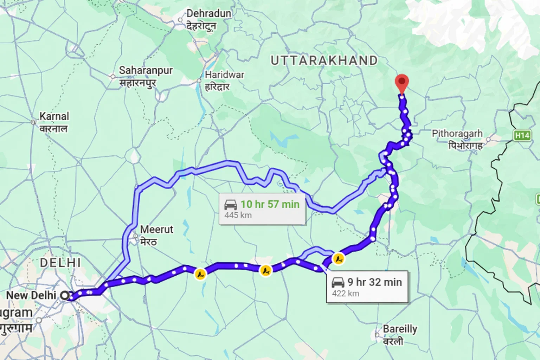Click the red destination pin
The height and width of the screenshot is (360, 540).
pyautogui.click(x=401, y=83)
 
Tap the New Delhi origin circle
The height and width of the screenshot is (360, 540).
pyautogui.click(x=65, y=295)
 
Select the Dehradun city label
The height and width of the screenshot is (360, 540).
pyautogui.click(x=208, y=14)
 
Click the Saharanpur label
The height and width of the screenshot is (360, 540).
pyautogui.click(x=146, y=70)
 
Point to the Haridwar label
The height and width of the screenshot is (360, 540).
pyautogui.click(x=224, y=75)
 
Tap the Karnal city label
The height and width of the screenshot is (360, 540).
pyautogui.click(x=54, y=116)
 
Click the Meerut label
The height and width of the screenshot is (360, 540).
pyautogui.click(x=156, y=230)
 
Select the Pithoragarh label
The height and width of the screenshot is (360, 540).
pyautogui.click(x=457, y=134)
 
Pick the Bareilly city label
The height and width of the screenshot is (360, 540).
pyautogui.click(x=400, y=329)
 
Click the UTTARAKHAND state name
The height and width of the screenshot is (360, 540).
pyautogui.click(x=324, y=60)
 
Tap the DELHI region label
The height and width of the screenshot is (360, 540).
pyautogui.click(x=60, y=263)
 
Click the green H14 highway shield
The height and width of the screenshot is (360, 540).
pyautogui.click(x=522, y=135)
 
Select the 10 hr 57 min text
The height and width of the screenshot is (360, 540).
pyautogui.click(x=270, y=204)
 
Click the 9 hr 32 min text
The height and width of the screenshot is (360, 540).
pyautogui.click(x=374, y=282)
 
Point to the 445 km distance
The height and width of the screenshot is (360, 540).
pyautogui.click(x=238, y=215)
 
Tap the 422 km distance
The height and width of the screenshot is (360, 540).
pyautogui.click(x=346, y=293)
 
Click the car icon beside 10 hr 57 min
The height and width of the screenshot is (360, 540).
pyautogui.click(x=231, y=205)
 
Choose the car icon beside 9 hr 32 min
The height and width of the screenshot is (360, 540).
pyautogui.click(x=338, y=282)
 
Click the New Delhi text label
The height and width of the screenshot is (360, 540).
pyautogui.click(x=31, y=295)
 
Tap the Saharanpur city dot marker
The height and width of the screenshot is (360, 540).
pyautogui.click(x=113, y=76)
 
